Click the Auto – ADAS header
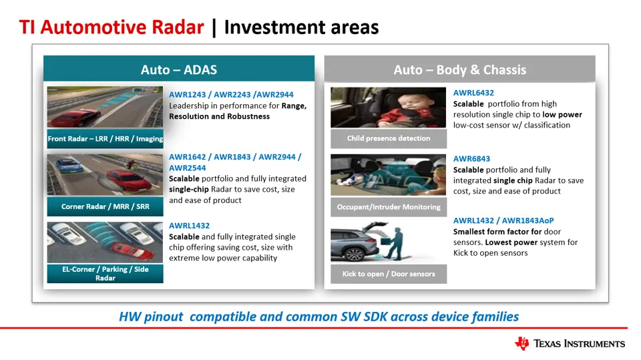click(x=179, y=69)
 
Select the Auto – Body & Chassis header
click(x=460, y=69)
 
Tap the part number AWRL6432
click(x=473, y=93)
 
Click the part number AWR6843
click(x=471, y=159)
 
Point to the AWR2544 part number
click(x=187, y=168)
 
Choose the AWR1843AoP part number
click(x=527, y=220)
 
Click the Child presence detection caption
click(x=389, y=138)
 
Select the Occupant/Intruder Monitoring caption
click(x=389, y=207)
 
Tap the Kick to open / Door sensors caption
click(x=389, y=274)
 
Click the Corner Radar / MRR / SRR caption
click(x=105, y=206)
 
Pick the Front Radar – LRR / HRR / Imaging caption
click(x=105, y=139)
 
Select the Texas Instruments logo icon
click(x=522, y=343)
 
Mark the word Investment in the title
click(x=274, y=27)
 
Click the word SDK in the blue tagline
click(x=375, y=317)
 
